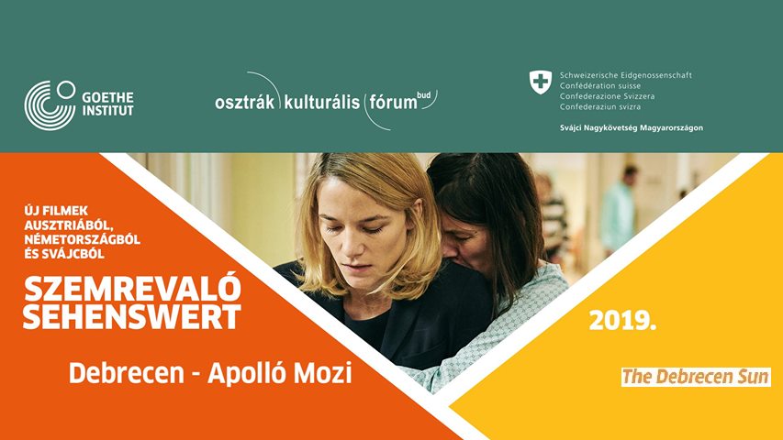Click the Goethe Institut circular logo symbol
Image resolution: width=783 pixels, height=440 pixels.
click(50, 105)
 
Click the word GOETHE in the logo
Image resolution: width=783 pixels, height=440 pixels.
click(108, 97)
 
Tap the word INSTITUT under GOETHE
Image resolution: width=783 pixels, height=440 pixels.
click(108, 111)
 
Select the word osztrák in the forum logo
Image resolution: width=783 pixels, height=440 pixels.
click(245, 103)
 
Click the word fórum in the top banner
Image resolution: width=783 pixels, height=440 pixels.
click(393, 102)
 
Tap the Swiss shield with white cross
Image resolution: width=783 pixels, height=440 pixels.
click(541, 82)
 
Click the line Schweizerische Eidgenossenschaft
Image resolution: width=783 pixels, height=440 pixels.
click(626, 75)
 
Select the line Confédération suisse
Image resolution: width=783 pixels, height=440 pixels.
click(600, 86)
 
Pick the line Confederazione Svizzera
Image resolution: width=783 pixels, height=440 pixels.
click(607, 96)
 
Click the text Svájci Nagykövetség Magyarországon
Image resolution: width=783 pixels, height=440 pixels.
click(632, 127)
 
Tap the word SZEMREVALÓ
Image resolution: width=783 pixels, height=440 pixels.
click(133, 289)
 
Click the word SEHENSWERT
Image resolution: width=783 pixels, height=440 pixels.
click(132, 315)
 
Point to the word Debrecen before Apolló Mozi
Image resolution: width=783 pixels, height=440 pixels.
click(127, 373)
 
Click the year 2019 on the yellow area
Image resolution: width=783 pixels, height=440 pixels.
click(622, 321)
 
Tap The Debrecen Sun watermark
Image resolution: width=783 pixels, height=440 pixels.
click(696, 377)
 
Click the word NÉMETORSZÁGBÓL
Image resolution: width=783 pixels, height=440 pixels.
click(83, 239)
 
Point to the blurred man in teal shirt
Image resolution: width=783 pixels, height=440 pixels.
click(619, 211)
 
